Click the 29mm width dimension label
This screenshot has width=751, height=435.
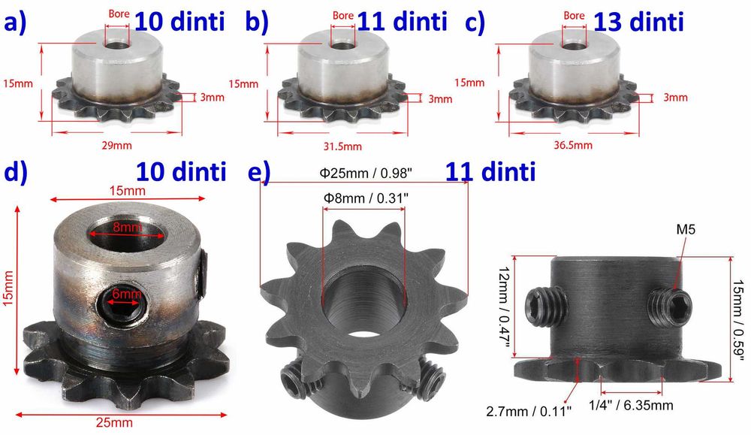click(116, 145)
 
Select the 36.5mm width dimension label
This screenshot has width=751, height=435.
click(573, 145)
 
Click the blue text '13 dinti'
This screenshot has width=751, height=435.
click(638, 23)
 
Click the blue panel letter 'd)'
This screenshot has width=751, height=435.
click(17, 172)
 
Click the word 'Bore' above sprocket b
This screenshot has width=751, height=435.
click(342, 15)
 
